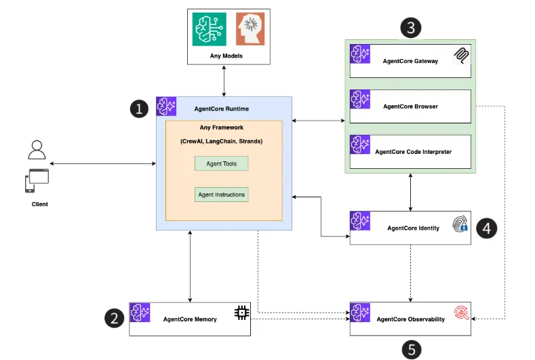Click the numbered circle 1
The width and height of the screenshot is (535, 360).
click(140, 108)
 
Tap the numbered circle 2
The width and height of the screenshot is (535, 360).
click(114, 317)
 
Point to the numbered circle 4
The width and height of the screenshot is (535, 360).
click(486, 228)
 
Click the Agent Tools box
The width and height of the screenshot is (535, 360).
click(222, 163)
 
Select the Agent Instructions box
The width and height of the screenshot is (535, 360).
click(222, 195)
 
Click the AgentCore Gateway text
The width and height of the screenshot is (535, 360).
click(410, 61)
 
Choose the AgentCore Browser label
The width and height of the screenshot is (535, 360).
click(410, 106)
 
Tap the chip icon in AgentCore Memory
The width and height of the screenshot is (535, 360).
click(241, 313)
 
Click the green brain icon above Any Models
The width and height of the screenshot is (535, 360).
click(208, 29)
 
